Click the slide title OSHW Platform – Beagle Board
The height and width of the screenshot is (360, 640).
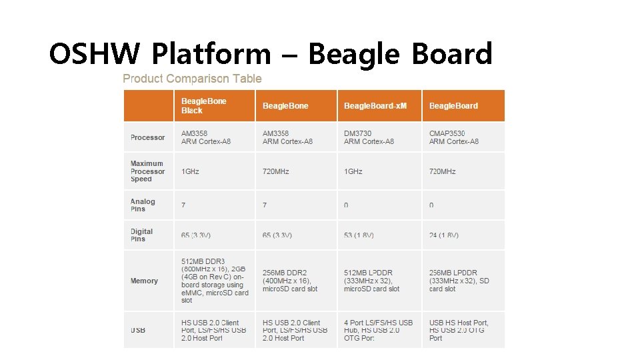click(271, 54)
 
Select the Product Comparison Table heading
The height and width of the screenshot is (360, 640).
click(192, 79)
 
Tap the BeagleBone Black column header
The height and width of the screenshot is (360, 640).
click(204, 106)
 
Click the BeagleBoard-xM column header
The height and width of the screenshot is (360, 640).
click(375, 106)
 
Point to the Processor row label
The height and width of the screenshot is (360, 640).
click(147, 137)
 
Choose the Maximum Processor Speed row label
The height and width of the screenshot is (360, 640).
click(147, 171)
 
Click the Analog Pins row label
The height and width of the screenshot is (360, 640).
click(143, 205)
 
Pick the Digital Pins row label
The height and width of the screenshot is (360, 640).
click(141, 235)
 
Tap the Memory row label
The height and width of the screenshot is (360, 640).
click(144, 281)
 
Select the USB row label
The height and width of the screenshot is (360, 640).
click(138, 331)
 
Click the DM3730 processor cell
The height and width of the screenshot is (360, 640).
click(369, 137)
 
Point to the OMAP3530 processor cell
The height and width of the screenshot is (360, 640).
click(453, 137)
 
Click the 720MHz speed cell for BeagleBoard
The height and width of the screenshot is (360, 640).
click(443, 171)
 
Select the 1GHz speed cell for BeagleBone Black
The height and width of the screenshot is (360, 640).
click(190, 171)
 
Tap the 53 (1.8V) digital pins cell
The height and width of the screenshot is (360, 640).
click(359, 235)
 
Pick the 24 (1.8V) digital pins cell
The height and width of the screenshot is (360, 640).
click(444, 235)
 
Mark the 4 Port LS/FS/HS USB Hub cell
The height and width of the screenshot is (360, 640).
click(378, 331)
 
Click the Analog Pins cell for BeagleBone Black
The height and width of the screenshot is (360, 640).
click(184, 205)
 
